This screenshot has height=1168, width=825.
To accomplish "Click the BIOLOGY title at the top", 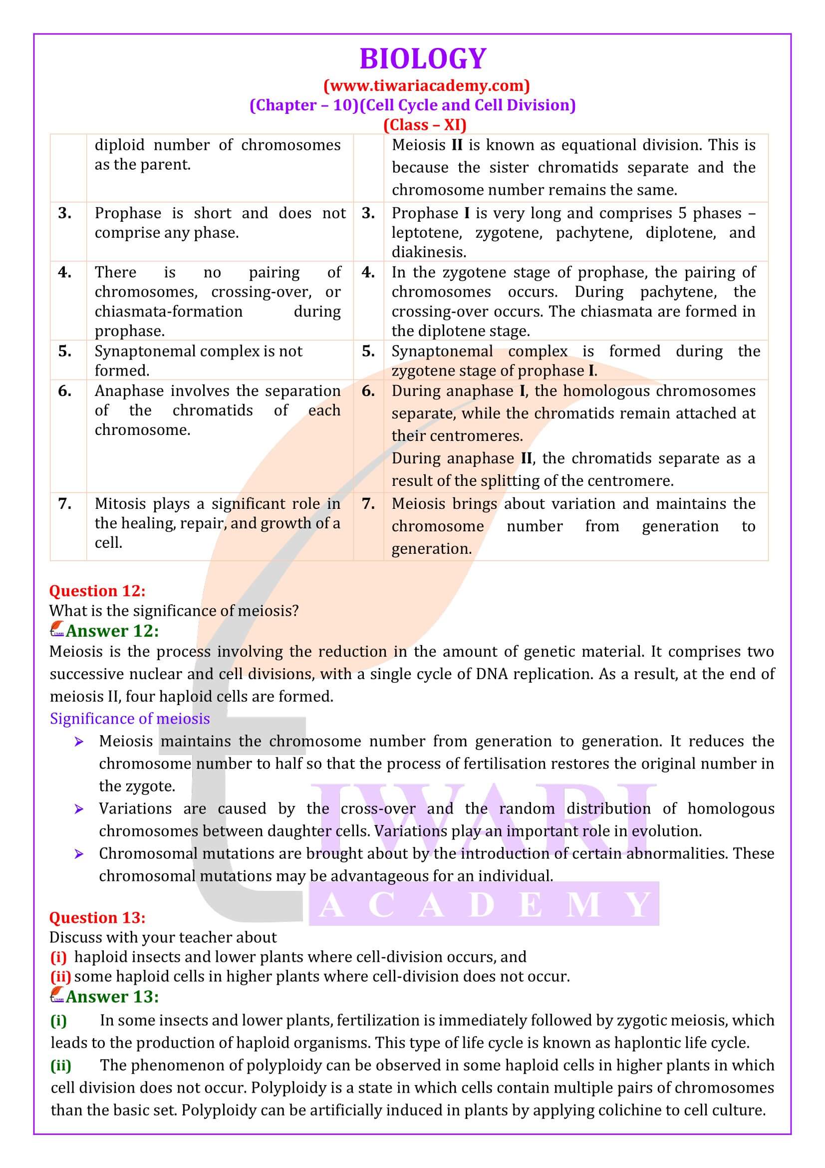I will (x=422, y=58).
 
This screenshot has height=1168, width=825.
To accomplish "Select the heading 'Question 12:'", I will (x=97, y=591).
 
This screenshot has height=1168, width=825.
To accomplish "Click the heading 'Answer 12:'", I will (x=112, y=631).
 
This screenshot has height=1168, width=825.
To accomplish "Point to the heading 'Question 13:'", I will (x=97, y=917).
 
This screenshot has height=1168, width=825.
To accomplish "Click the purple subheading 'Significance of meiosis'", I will (x=130, y=718).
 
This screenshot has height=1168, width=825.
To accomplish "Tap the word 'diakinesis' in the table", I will (x=429, y=252).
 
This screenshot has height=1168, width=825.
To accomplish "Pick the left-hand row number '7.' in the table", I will (x=64, y=504).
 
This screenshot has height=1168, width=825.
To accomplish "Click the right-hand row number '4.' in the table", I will (x=368, y=272).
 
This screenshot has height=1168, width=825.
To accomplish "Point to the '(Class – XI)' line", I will (x=424, y=125).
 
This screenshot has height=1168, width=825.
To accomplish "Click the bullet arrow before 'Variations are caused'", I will (x=78, y=809).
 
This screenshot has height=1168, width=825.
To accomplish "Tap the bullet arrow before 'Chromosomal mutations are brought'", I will (x=78, y=853).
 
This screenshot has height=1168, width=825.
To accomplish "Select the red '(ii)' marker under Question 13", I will (x=60, y=976).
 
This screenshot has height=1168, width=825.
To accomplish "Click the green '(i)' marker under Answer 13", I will (x=58, y=1020).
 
